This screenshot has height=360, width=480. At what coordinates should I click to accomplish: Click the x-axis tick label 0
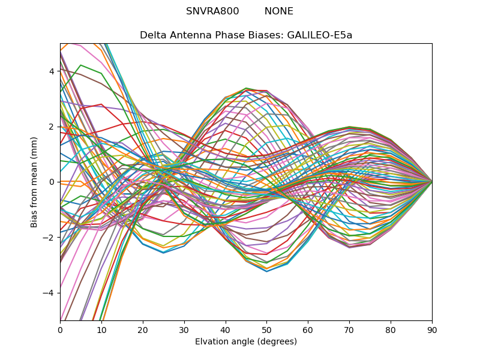[x=60, y=329]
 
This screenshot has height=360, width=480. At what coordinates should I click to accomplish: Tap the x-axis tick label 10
[x=101, y=329]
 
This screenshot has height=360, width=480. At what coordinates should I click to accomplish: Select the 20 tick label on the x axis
[x=143, y=329]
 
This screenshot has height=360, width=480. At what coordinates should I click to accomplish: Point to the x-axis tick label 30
[x=184, y=329]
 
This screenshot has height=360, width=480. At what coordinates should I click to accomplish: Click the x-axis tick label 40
[x=226, y=329]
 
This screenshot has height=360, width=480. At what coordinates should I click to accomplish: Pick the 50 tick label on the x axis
[x=266, y=329]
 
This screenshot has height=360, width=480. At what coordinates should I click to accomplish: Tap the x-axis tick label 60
[x=308, y=329]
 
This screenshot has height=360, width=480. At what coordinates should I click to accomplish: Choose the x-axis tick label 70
[x=349, y=329]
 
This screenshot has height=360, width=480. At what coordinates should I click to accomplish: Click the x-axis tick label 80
[x=391, y=329]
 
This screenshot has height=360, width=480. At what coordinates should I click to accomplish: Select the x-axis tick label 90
[x=432, y=329]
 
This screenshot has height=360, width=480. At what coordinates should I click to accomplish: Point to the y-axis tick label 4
[x=52, y=71]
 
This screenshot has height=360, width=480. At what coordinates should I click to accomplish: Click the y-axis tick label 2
[x=52, y=127]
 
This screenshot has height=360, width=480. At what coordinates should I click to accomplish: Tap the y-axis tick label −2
[x=50, y=237]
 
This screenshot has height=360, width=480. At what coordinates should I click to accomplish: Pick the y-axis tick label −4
[x=50, y=293]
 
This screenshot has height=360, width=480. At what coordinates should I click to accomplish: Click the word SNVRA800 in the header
[x=212, y=11]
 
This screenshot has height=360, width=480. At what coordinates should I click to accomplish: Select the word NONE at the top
[x=279, y=11]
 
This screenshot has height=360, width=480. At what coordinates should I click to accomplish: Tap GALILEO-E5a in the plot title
[x=320, y=35]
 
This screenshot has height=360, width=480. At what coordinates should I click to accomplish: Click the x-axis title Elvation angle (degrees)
[x=246, y=341]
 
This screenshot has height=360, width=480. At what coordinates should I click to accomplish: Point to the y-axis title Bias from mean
[x=35, y=181]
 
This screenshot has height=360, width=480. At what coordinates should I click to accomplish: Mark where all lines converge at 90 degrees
[x=432, y=181]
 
